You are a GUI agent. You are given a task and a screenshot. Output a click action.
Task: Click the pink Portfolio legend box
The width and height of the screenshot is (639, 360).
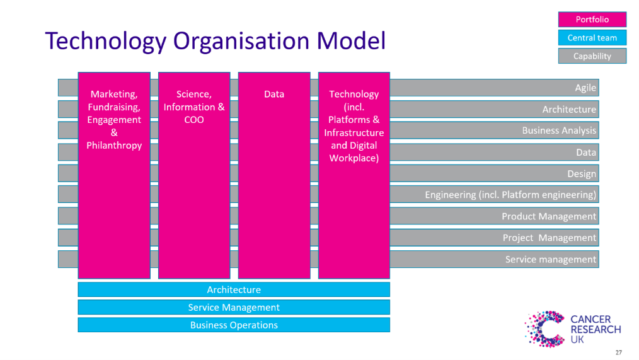tap(592, 20)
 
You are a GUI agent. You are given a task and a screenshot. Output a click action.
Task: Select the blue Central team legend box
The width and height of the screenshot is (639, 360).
tap(592, 38)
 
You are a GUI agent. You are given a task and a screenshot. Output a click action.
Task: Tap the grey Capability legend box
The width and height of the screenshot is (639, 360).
tap(592, 56)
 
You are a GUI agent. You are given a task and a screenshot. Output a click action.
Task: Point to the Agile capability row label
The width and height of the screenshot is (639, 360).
tap(585, 88)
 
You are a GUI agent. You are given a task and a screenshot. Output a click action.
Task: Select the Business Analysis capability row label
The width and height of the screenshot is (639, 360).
tap(559, 131)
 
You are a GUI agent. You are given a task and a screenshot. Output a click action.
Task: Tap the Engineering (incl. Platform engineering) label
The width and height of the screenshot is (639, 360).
tap(510, 195)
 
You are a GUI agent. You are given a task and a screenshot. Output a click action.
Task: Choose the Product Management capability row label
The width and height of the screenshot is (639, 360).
tap(549, 216)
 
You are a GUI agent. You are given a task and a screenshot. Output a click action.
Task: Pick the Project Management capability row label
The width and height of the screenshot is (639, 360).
tap(550, 238)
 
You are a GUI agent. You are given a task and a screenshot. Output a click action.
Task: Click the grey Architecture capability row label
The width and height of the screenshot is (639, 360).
tap(569, 109)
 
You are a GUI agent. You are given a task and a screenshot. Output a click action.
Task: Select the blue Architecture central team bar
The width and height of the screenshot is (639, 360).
tap(234, 290)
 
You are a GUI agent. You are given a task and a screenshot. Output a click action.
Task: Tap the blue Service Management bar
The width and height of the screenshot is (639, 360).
tap(234, 308)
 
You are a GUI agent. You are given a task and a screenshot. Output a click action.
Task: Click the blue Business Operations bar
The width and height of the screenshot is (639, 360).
tap(234, 325)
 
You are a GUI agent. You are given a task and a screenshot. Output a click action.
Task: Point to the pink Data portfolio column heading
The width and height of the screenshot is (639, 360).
tap(274, 94)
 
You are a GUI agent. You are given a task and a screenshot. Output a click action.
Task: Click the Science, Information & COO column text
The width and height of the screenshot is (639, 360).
tap(194, 107)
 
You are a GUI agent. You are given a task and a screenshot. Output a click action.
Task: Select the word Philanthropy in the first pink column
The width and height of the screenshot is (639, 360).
tap(114, 146)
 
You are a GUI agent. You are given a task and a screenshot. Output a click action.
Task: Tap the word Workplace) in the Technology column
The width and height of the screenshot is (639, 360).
tap(354, 158)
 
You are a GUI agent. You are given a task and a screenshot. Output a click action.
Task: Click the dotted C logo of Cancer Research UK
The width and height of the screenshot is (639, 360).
tap(544, 328)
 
